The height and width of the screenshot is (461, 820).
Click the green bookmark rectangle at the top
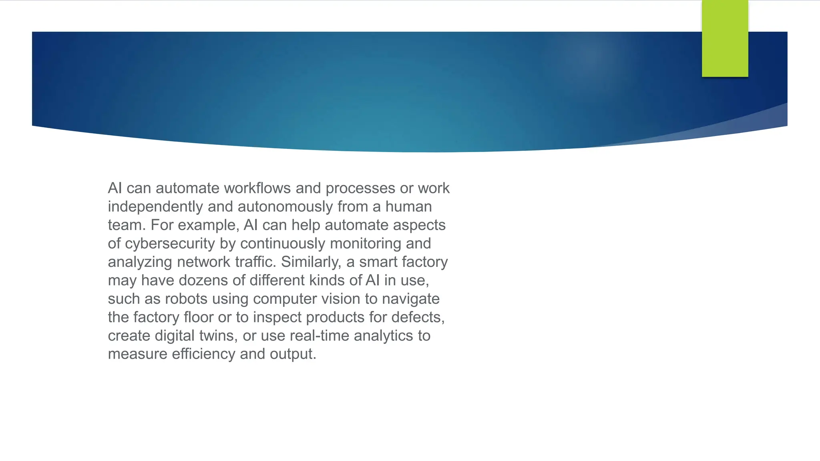[725, 38]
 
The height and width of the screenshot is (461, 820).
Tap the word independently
[155, 206]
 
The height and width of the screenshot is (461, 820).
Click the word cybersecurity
[170, 243]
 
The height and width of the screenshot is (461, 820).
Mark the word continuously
[283, 243]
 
